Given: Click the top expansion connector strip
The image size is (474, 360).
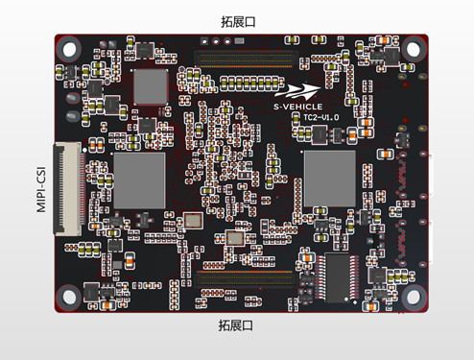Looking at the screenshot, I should coord(242,58).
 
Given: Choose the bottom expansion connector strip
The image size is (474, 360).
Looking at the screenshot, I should coord(245,280).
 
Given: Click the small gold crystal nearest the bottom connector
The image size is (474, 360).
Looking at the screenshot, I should coord(235,237).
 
